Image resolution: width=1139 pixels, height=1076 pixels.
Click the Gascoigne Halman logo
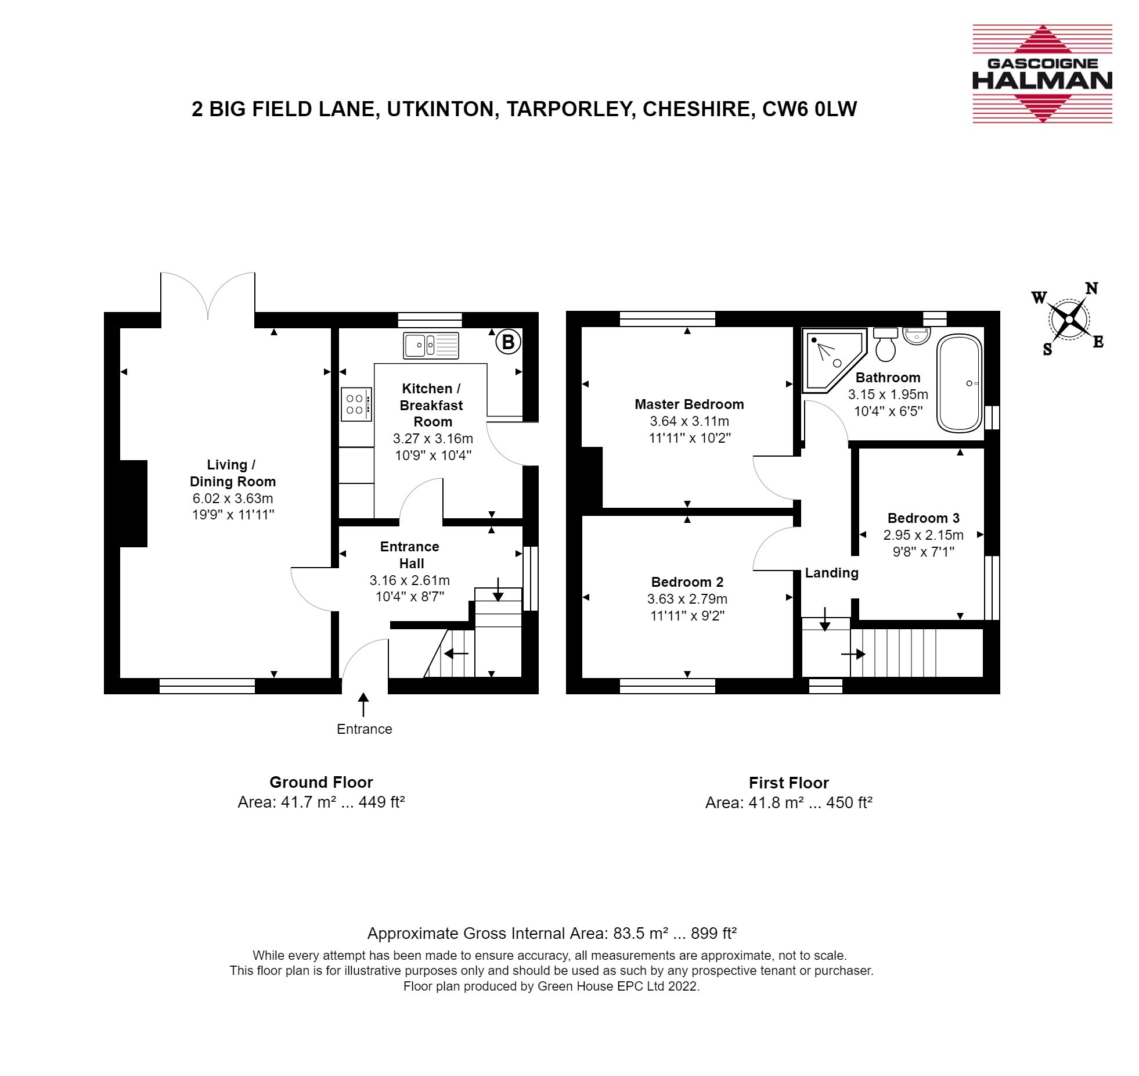(x=1042, y=73)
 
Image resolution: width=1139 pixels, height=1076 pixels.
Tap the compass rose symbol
(x=1069, y=319)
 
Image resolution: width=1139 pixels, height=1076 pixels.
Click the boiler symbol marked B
(x=508, y=342)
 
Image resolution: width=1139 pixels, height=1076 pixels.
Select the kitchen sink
(x=431, y=345)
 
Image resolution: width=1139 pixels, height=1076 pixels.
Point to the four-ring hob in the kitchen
(x=356, y=404)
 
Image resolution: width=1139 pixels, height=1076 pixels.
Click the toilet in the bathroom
(x=885, y=344)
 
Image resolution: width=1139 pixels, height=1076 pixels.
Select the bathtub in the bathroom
(x=960, y=383)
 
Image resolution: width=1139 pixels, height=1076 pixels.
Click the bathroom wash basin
(x=917, y=335)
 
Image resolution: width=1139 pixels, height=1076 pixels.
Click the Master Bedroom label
(x=689, y=404)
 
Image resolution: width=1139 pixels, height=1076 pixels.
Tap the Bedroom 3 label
(x=924, y=518)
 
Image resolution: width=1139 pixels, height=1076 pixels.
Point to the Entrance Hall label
(x=410, y=555)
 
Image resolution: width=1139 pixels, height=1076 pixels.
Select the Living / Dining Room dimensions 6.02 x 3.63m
(x=233, y=498)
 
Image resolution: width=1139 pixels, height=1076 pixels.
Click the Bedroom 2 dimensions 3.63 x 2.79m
(x=687, y=599)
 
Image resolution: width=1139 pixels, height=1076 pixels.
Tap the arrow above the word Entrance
(x=363, y=705)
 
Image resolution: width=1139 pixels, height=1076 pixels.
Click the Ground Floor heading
(x=321, y=782)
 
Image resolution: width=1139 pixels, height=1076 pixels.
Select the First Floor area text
(x=789, y=802)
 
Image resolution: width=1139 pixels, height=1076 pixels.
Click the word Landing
(x=831, y=573)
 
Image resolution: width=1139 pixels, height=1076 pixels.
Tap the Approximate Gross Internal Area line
(x=552, y=934)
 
